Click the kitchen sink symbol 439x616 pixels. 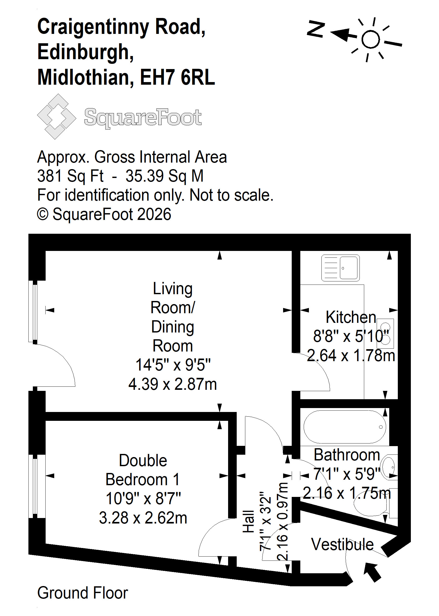[340, 268]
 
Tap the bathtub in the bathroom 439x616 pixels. [345, 427]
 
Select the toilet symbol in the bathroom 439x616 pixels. [376, 503]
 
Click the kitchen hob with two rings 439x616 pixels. [386, 333]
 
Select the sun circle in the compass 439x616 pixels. [370, 39]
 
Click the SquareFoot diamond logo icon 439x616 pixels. [57, 116]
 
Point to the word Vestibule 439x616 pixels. [342, 544]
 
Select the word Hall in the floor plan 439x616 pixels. [248, 521]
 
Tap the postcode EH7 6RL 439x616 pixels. [177, 77]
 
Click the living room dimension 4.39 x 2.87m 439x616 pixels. [173, 384]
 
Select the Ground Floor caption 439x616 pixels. [82, 593]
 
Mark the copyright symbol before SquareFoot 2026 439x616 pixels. [43, 214]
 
